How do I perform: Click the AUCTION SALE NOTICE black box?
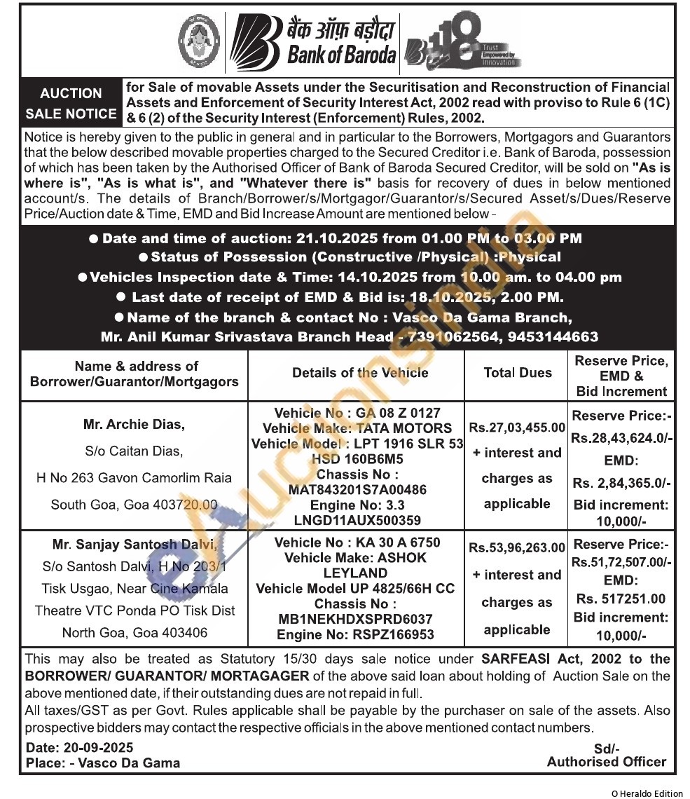pos(71,103)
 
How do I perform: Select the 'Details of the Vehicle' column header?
pos(360,373)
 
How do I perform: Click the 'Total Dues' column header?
pos(518,373)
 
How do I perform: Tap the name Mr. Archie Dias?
pos(134,424)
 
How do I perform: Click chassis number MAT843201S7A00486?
pos(357,489)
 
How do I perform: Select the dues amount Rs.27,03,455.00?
pos(517,427)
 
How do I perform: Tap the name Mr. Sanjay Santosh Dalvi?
pos(135,544)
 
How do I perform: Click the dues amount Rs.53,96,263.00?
pos(517,547)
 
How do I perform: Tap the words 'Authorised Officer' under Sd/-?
pos(607,761)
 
